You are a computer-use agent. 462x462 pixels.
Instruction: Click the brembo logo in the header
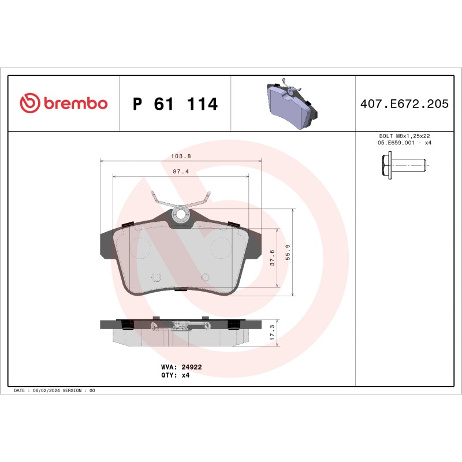coord(64,103)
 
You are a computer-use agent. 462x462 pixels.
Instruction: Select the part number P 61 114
coord(175,105)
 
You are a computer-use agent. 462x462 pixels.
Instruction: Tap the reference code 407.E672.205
coord(404,104)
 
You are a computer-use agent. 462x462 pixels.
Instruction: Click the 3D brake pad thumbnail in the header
coord(292,105)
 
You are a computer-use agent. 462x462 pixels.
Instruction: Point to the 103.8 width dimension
coord(181,156)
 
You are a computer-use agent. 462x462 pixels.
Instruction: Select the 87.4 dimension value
coord(181,172)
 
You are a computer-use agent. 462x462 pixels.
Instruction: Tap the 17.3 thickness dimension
coord(272,333)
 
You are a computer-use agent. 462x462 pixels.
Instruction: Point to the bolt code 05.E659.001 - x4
coord(404,143)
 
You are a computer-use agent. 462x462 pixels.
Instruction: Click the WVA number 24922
coord(191,367)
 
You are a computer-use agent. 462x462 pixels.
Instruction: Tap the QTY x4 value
coord(185,375)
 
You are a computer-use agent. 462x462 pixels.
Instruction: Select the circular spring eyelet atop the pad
coord(180,215)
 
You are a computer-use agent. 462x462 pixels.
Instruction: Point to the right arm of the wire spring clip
coord(200,200)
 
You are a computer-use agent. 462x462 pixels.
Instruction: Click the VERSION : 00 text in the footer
coord(81,391)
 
